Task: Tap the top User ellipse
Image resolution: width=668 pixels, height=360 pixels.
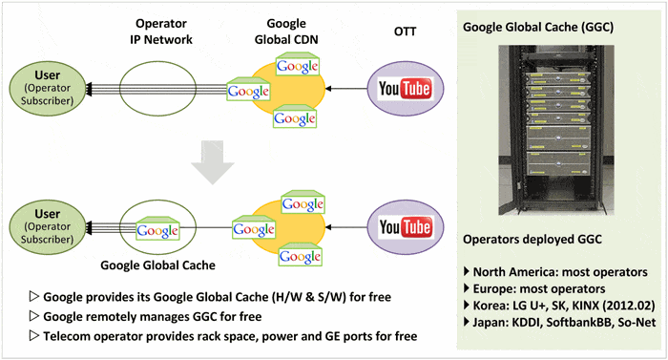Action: click(x=44, y=90)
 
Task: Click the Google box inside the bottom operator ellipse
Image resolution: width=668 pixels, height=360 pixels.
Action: click(x=157, y=229)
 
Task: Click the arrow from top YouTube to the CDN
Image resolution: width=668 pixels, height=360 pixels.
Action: click(x=346, y=90)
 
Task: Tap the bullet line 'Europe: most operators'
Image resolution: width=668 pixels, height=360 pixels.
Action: click(x=539, y=287)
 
